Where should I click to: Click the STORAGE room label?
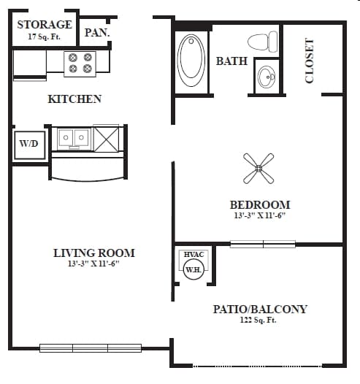click(45, 24)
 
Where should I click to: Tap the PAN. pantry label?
click(96, 32)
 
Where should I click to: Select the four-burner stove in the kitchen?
click(80, 63)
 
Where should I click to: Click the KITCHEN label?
click(74, 99)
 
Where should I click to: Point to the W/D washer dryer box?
click(29, 144)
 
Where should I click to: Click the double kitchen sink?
click(74, 137)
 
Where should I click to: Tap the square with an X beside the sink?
click(107, 138)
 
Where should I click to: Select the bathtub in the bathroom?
click(192, 57)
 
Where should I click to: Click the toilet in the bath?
click(262, 41)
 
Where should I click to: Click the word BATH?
click(231, 61)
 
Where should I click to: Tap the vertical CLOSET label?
click(310, 61)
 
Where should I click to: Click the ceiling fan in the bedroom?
click(258, 168)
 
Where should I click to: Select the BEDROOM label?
click(259, 204)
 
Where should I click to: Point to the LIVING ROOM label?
click(93, 253)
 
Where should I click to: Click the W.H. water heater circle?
click(193, 269)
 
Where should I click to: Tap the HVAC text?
click(194, 254)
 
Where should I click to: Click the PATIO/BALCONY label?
click(260, 309)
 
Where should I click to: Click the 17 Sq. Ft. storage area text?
click(45, 36)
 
